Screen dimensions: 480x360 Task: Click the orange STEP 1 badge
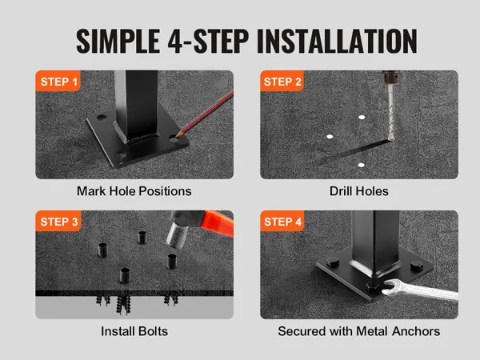click(x=58, y=81)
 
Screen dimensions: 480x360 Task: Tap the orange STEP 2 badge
click(x=282, y=81)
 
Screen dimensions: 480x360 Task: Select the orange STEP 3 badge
click(x=58, y=221)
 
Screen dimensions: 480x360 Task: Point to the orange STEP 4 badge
click(x=282, y=221)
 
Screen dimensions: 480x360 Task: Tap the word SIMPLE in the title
click(x=118, y=41)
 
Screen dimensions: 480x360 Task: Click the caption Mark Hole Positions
click(x=134, y=191)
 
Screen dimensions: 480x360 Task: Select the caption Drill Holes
click(x=359, y=191)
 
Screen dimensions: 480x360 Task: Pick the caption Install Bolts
click(x=134, y=331)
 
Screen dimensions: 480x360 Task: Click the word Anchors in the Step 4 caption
click(x=416, y=331)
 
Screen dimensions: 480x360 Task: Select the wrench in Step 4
click(x=420, y=290)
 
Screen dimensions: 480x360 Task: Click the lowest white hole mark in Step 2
click(x=362, y=166)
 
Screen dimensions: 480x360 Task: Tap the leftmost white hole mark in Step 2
click(x=330, y=137)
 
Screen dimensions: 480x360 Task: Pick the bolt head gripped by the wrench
click(x=373, y=287)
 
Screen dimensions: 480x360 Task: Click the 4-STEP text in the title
click(x=208, y=41)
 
